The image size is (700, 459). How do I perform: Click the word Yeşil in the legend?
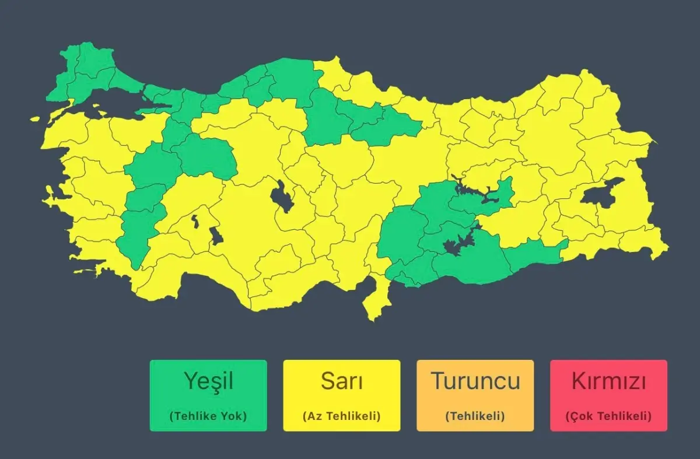[208, 381]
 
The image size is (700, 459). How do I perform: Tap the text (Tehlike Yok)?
[208, 416]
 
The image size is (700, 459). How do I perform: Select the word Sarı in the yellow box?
[342, 381]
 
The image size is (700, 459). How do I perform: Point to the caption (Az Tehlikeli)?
[342, 416]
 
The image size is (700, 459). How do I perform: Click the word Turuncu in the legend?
[475, 381]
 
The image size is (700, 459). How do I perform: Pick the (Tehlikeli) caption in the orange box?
[475, 416]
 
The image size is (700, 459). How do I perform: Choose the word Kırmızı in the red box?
[608, 381]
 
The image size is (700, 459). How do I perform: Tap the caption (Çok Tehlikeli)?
[608, 416]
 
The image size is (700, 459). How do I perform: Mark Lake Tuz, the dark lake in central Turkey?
[282, 196]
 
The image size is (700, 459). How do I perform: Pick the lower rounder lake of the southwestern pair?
[216, 236]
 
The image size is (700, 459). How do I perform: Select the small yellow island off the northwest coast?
[36, 119]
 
